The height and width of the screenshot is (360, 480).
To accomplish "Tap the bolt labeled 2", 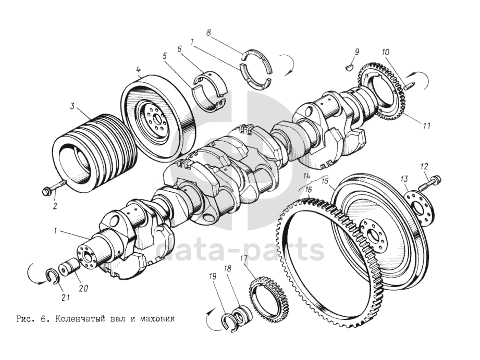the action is (55, 188).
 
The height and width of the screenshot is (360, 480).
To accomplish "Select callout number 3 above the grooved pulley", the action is (72, 106).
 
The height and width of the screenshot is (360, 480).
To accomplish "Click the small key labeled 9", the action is (349, 67).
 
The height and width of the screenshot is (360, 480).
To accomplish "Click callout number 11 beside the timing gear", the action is (426, 126).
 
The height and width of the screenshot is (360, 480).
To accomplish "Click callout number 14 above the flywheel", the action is (307, 176).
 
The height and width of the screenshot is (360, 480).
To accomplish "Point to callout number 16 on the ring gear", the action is (309, 190).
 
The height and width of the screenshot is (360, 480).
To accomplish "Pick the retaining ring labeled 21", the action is (54, 277).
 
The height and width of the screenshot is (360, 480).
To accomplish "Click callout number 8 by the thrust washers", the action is (208, 33).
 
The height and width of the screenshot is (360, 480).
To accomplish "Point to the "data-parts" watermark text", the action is (240, 250).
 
